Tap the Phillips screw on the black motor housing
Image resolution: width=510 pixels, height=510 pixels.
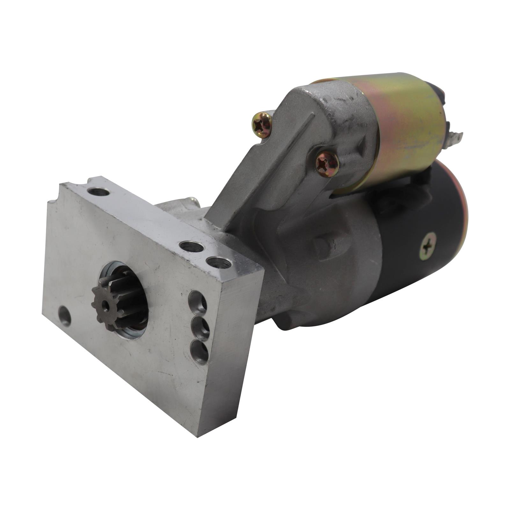click(428, 246)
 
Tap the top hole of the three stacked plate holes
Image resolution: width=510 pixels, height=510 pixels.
click(198, 301)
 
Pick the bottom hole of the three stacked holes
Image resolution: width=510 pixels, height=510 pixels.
click(200, 350)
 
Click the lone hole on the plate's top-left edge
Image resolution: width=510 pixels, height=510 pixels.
click(98, 192)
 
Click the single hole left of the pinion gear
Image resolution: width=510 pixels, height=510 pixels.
click(65, 316)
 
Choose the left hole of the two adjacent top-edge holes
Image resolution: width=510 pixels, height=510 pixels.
click(191, 246)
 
